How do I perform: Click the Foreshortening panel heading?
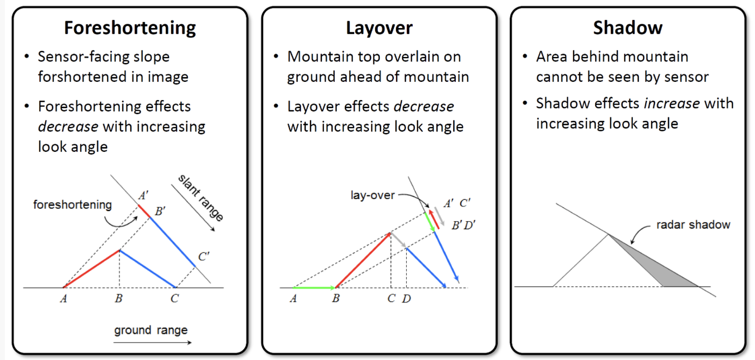[x=130, y=27]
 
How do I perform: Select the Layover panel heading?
[x=379, y=27]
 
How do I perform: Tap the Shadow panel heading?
[x=627, y=27]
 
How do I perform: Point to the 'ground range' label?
[x=151, y=330]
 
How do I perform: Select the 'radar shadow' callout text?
[x=693, y=224]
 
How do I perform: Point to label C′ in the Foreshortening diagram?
[x=203, y=257]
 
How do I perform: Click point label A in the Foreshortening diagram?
[x=63, y=299]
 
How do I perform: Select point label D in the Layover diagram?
[x=406, y=299]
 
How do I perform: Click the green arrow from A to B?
[x=314, y=288]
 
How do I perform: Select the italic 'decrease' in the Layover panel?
[x=424, y=107]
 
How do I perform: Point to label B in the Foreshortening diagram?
[x=118, y=299]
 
